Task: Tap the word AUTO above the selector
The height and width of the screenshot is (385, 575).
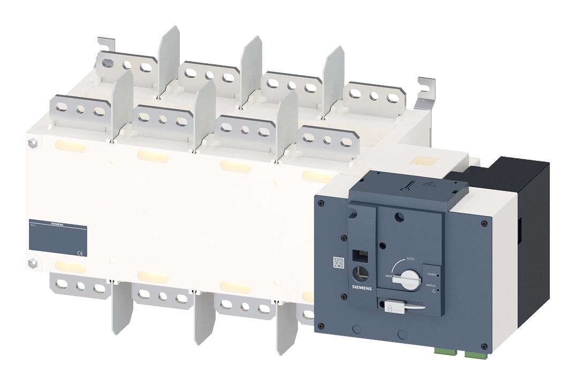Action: pyautogui.click(x=411, y=258)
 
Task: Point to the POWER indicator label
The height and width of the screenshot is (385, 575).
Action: pyautogui.click(x=432, y=274)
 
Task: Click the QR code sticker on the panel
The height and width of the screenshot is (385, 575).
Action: pyautogui.click(x=338, y=263)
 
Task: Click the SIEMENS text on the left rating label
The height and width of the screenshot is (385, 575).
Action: pyautogui.click(x=56, y=225)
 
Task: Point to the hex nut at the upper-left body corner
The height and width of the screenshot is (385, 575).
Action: pyautogui.click(x=31, y=144)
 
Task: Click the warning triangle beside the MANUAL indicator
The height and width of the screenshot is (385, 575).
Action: pyautogui.click(x=437, y=290)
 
